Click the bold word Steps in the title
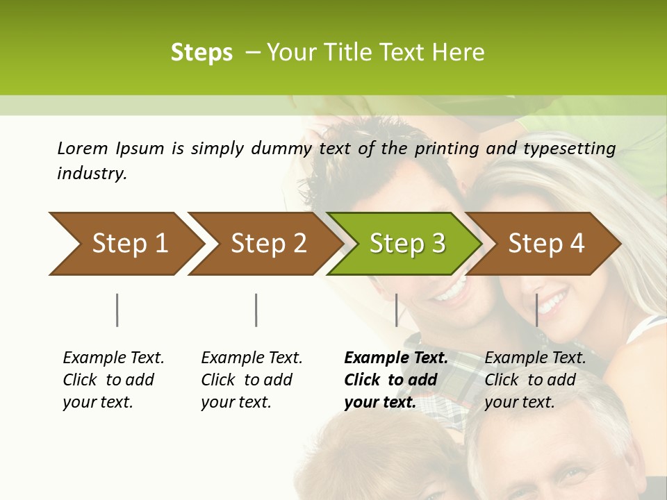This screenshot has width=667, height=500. [x=201, y=53]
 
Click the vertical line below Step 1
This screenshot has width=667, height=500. [x=117, y=310]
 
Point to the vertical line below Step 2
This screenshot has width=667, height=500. [x=256, y=310]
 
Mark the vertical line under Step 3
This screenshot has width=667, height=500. [x=396, y=310]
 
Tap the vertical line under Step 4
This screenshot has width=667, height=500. [x=536, y=310]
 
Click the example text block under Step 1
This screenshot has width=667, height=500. [x=113, y=380]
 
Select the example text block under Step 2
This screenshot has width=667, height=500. [x=252, y=380]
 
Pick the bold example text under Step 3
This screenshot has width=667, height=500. [x=395, y=380]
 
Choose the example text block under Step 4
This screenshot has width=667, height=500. [x=535, y=380]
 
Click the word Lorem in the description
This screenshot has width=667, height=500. [x=83, y=148]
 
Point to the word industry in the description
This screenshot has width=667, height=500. [x=92, y=174]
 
